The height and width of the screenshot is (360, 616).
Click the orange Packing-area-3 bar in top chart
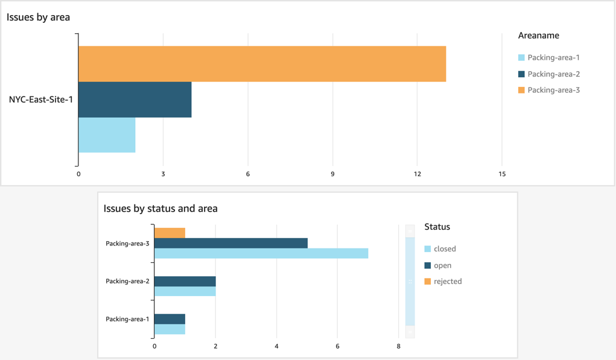pyautogui.click(x=262, y=64)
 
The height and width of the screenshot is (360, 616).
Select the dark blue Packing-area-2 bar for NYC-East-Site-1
pyautogui.click(x=135, y=99)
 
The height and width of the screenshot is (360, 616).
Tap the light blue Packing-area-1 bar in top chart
pyautogui.click(x=107, y=135)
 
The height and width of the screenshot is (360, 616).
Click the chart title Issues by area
pyautogui.click(x=38, y=17)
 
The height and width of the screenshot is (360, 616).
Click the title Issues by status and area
pyautogui.click(x=160, y=209)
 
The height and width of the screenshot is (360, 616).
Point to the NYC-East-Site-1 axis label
pyautogui.click(x=40, y=99)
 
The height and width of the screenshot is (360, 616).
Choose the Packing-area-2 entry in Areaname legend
pyautogui.click(x=553, y=74)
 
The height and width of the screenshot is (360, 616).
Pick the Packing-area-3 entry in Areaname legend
pyautogui.click(x=553, y=90)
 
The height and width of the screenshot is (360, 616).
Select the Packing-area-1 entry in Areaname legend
pyautogui.click(x=553, y=58)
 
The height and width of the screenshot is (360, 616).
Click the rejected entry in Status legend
pyautogui.click(x=447, y=282)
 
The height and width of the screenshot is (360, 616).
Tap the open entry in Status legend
pyautogui.click(x=442, y=265)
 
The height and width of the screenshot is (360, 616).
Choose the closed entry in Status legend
pyautogui.click(x=444, y=249)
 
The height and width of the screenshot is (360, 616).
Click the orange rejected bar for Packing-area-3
pyautogui.click(x=170, y=233)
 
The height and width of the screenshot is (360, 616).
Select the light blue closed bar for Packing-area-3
pyautogui.click(x=261, y=253)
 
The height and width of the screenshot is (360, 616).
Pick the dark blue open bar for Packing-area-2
pyautogui.click(x=185, y=282)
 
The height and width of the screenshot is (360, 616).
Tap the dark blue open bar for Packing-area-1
pyautogui.click(x=170, y=319)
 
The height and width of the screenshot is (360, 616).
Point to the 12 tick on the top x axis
pyautogui.click(x=417, y=174)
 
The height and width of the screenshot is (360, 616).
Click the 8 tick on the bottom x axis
pyautogui.click(x=398, y=347)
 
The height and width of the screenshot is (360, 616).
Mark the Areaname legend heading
pyautogui.click(x=538, y=36)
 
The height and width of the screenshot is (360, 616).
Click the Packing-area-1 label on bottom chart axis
pyautogui.click(x=127, y=319)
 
